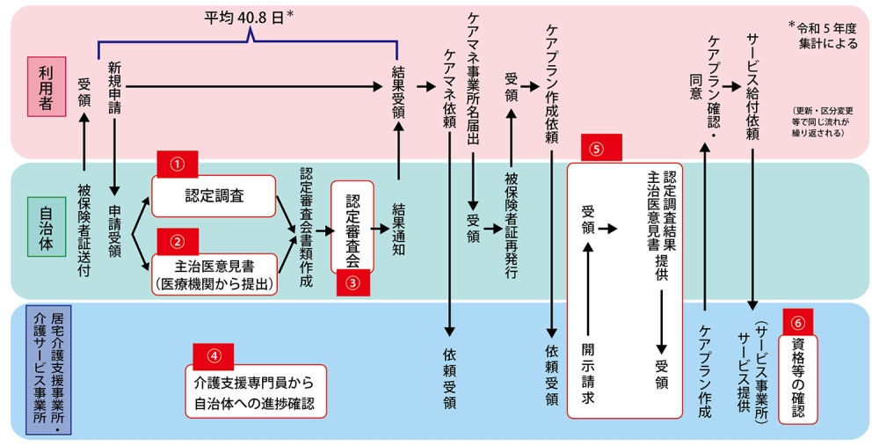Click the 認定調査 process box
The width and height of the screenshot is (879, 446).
pos(215,196)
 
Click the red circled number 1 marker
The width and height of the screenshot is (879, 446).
pos(177,163)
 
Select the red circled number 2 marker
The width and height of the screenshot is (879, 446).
pos(177,240)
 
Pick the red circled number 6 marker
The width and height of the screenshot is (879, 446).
pos(797,322)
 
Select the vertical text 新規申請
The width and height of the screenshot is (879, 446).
pos(114,88)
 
